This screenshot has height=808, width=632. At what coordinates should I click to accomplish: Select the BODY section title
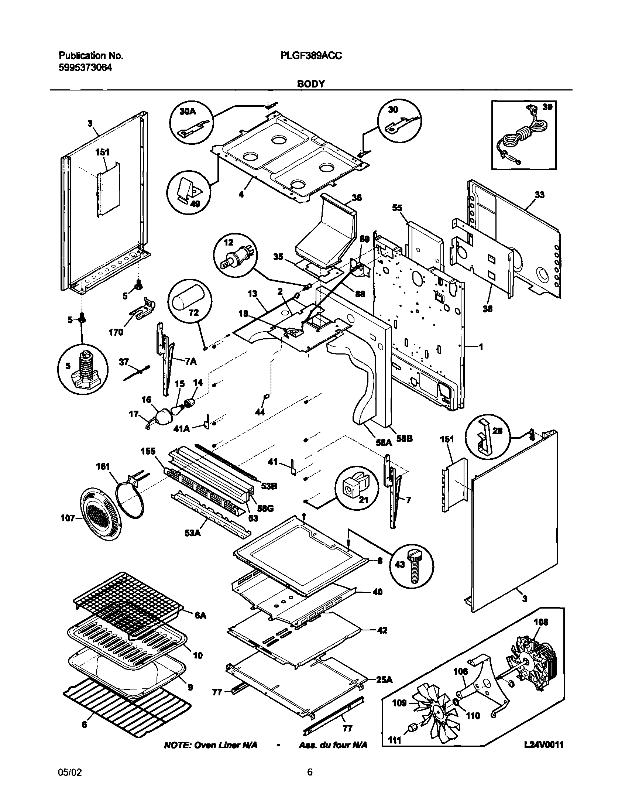311,84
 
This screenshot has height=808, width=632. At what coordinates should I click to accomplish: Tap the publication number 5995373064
85,68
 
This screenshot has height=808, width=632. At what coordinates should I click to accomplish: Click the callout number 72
193,313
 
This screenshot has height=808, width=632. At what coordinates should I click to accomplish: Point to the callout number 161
103,466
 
